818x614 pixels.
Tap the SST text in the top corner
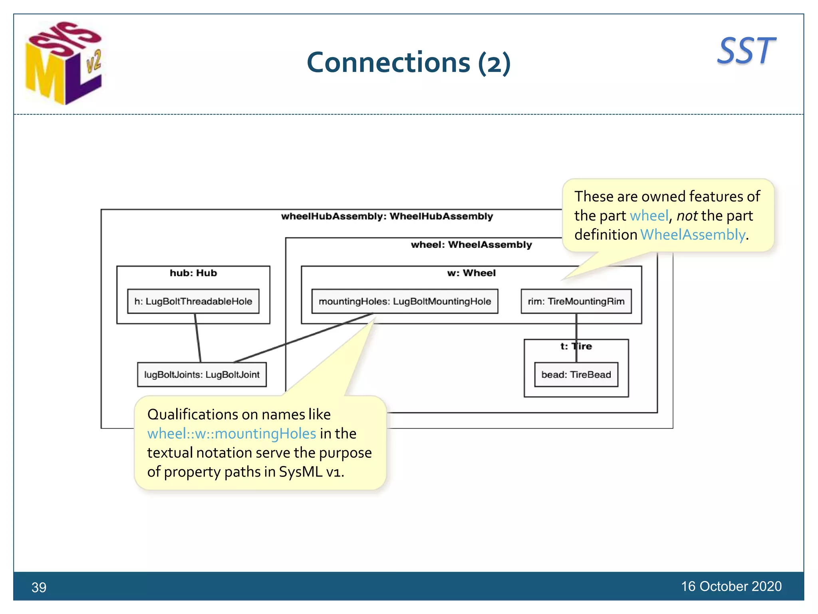[x=746, y=51]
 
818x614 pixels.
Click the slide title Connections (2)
[x=408, y=63]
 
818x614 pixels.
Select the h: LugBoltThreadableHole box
[x=193, y=301]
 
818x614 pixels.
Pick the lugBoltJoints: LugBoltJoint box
[x=202, y=375]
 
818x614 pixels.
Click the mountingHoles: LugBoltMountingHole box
[x=405, y=301]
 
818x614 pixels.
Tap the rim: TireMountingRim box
[x=576, y=301]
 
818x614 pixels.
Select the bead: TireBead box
[x=576, y=375]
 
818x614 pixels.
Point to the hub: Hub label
[x=193, y=273]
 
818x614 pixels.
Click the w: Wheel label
[x=471, y=273]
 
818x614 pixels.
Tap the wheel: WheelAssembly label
[x=471, y=245]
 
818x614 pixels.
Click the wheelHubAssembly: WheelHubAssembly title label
[x=387, y=216]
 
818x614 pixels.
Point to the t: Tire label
[x=576, y=346]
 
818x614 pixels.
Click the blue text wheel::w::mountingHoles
[x=232, y=434]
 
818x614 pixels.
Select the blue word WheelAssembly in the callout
[x=693, y=235]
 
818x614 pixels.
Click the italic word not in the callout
[x=687, y=216]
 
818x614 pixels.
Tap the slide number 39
[x=39, y=587]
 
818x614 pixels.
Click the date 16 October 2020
[x=731, y=586]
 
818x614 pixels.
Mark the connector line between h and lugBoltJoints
[x=198, y=338]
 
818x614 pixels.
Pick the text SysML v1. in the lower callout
[x=311, y=472]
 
